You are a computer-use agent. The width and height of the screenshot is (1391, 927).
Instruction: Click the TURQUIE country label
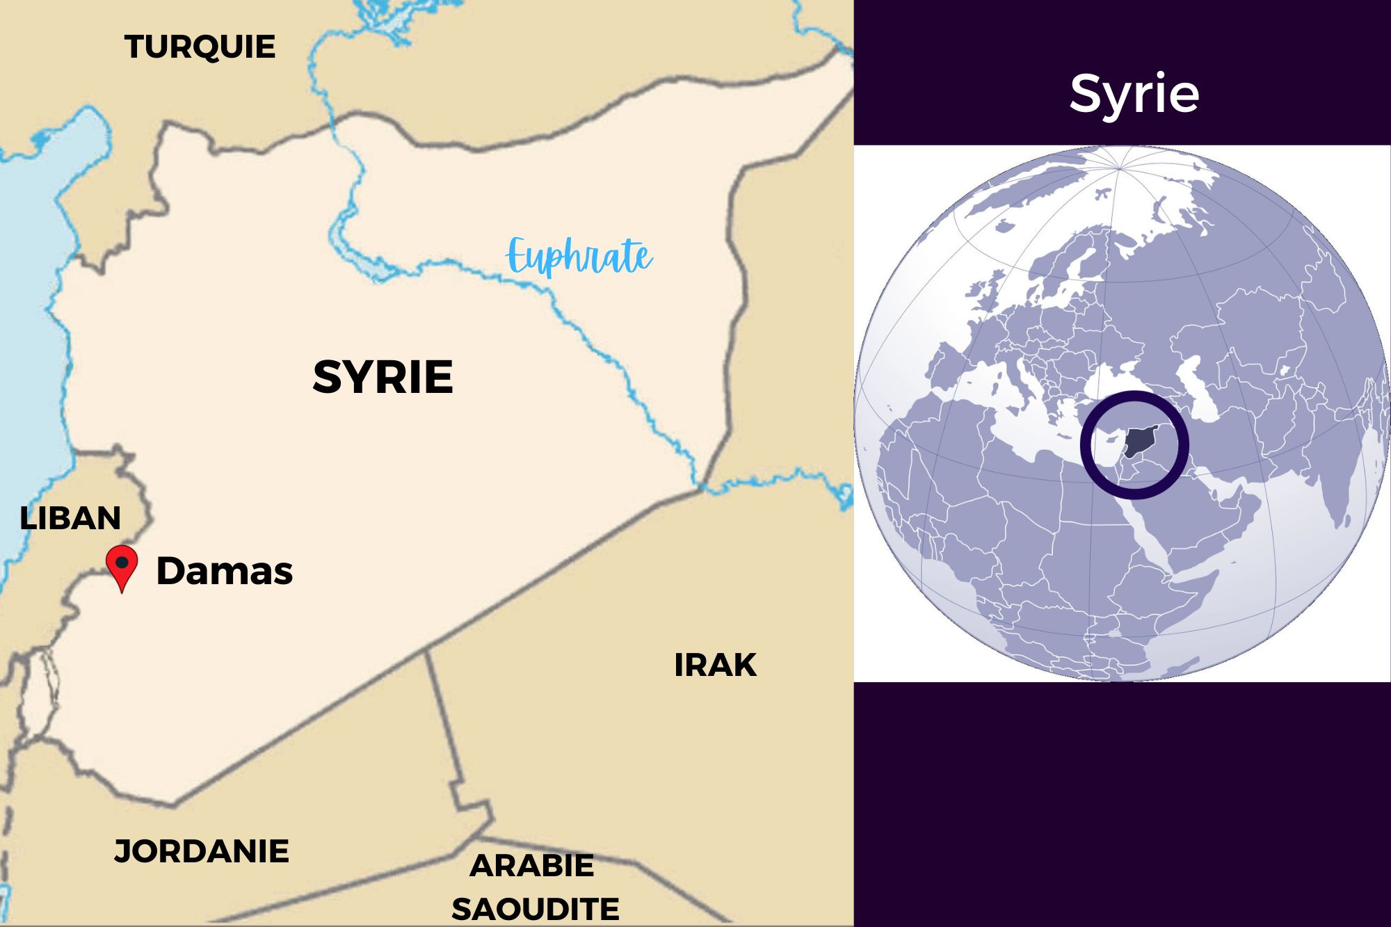(200, 47)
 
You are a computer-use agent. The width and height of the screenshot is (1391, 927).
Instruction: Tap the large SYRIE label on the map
(383, 377)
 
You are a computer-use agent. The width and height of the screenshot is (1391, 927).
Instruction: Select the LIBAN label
(70, 518)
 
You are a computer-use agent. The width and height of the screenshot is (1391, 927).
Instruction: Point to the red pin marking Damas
(122, 565)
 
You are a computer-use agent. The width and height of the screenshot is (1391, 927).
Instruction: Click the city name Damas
(224, 571)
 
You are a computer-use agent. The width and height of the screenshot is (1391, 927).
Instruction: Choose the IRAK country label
(715, 665)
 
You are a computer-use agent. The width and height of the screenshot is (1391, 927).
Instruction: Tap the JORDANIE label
(202, 851)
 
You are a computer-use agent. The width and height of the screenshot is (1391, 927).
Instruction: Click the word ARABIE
(532, 866)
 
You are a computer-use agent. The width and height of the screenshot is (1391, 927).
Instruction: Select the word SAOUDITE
(535, 909)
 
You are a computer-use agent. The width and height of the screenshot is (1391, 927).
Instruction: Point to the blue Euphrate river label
(579, 257)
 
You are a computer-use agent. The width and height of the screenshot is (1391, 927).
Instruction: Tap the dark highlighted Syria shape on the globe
(1139, 441)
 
